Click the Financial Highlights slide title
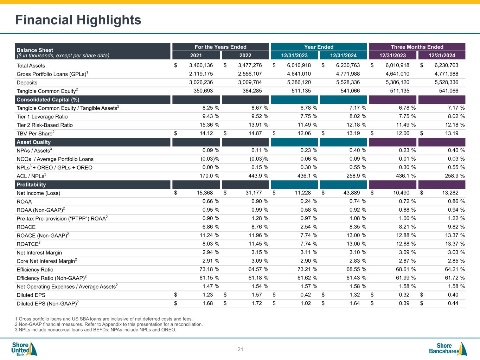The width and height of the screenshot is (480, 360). (78, 20)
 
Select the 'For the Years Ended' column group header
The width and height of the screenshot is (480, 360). (220, 47)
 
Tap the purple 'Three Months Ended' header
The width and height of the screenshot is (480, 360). (417, 47)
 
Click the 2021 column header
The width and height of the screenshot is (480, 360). (196, 55)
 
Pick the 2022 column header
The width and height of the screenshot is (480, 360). (245, 55)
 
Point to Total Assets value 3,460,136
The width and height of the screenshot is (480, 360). (201, 65)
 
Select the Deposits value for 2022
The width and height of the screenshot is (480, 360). (250, 82)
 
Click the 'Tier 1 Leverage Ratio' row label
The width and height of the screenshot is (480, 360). (42, 116)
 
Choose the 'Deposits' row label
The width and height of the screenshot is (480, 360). (27, 83)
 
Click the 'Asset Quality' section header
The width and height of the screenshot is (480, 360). (34, 142)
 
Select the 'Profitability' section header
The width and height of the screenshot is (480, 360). (31, 185)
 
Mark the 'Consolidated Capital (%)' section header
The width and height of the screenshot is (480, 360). (48, 99)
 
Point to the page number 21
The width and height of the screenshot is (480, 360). (240, 349)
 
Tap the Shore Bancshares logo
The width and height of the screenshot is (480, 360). (448, 349)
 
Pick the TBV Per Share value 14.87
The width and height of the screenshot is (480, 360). (254, 133)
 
